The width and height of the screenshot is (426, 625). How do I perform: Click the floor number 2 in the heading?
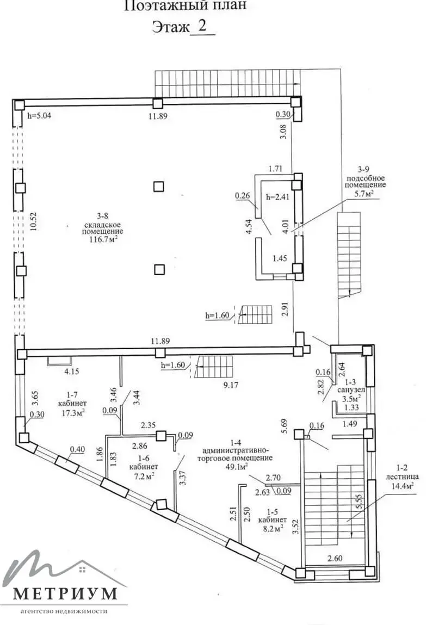pos(202,27)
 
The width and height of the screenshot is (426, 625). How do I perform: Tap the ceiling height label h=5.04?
pos(41,116)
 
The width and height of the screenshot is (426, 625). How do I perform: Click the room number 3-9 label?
pos(364,169)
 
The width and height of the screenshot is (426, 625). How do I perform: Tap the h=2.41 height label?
pos(277,197)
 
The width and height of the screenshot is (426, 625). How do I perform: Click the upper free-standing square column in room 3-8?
pos(158,187)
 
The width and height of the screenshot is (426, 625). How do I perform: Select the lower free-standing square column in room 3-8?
pos(158,269)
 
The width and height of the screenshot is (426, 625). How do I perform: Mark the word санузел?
pos(349,390)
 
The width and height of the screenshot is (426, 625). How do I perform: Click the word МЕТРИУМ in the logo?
pos(65,592)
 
